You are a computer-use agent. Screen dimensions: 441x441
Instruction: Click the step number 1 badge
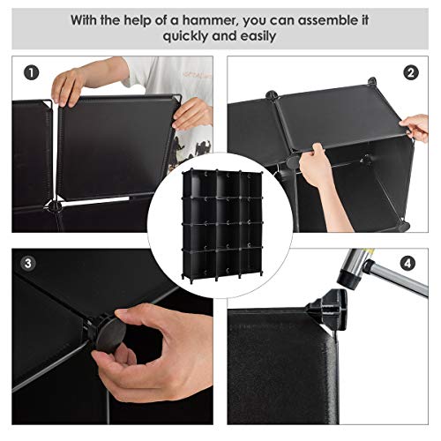[31, 72]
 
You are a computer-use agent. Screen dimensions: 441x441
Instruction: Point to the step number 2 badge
[410, 72]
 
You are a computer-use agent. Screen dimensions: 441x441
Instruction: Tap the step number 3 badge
[28, 263]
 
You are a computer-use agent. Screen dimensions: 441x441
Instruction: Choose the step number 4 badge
[407, 264]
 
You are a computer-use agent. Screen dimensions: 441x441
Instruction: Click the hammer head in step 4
[352, 268]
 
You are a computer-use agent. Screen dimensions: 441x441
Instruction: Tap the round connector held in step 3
[108, 333]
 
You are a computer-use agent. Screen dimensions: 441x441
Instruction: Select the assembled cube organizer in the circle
[222, 225]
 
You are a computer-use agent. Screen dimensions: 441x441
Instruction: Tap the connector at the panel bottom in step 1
[53, 205]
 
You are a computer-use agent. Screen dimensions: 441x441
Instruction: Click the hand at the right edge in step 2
[416, 127]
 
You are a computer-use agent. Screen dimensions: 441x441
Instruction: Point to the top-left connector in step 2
[272, 95]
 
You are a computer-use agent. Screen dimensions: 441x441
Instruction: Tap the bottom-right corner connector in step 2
[404, 226]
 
